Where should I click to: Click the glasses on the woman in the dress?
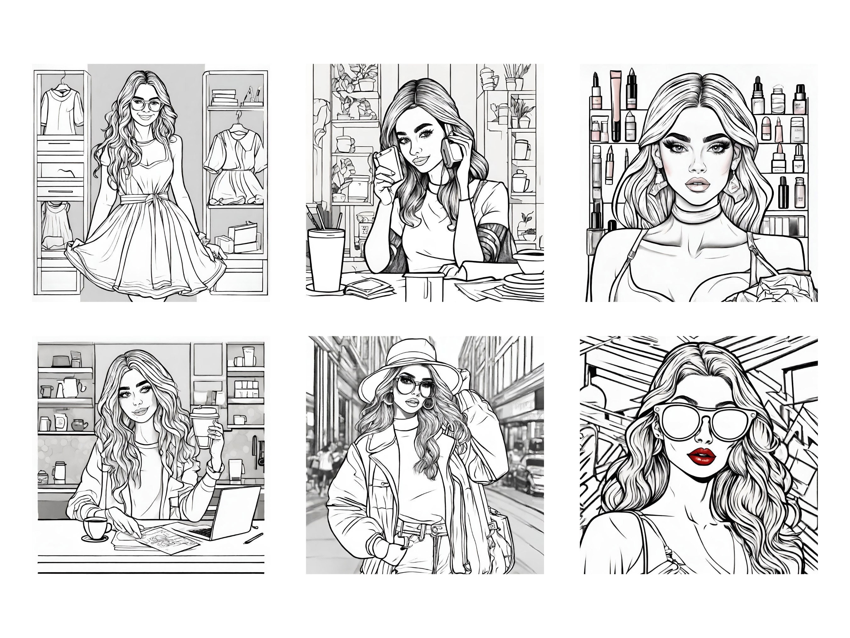tap(146, 105)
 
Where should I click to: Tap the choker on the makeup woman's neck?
tap(697, 216)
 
